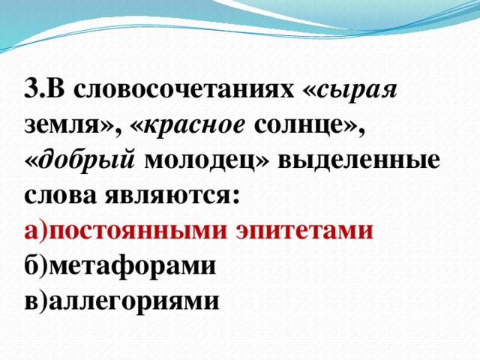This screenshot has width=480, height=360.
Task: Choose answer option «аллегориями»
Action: click(133, 300)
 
